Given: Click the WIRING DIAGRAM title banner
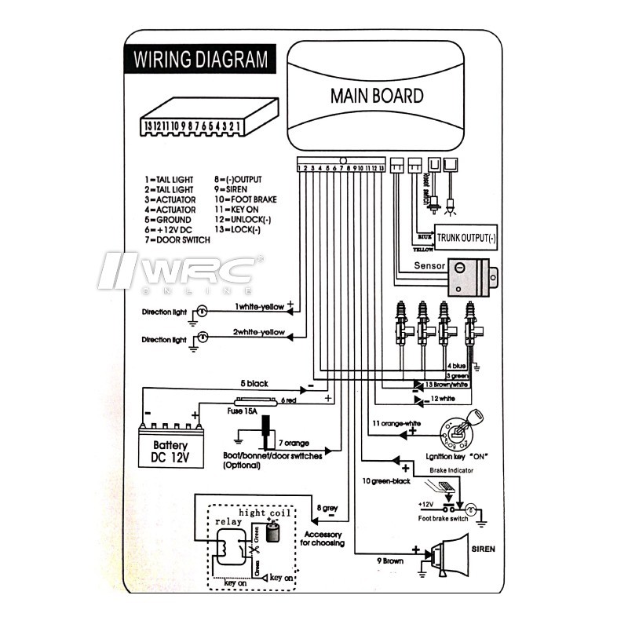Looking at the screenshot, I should (200, 60).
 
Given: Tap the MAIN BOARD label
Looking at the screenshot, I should (376, 96).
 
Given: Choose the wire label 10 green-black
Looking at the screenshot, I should (385, 480).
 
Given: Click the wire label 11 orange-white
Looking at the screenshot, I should (396, 423).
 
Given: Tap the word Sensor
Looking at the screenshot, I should (430, 267).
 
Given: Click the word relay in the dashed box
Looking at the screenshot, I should (218, 520).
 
